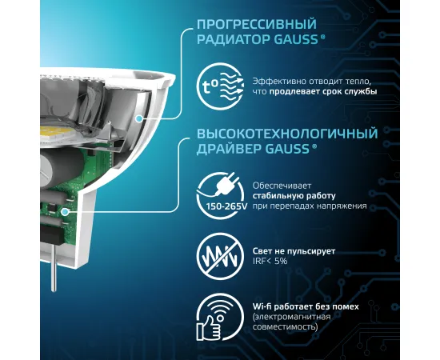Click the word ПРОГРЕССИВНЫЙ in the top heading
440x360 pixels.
257,25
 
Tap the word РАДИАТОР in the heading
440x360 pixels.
233,39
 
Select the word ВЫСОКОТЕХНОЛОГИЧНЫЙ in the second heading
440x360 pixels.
287,134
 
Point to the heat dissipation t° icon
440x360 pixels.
220,86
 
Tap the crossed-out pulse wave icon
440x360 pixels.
220,256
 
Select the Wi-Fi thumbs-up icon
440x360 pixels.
220,317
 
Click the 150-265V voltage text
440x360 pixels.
226,206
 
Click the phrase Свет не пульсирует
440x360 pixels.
294,251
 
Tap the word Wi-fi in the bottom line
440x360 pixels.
262,306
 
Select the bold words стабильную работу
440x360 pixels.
294,196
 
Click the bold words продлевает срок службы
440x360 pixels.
323,91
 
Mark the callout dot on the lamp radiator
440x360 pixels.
138,118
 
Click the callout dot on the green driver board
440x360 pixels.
65,211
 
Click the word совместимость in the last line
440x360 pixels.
285,327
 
